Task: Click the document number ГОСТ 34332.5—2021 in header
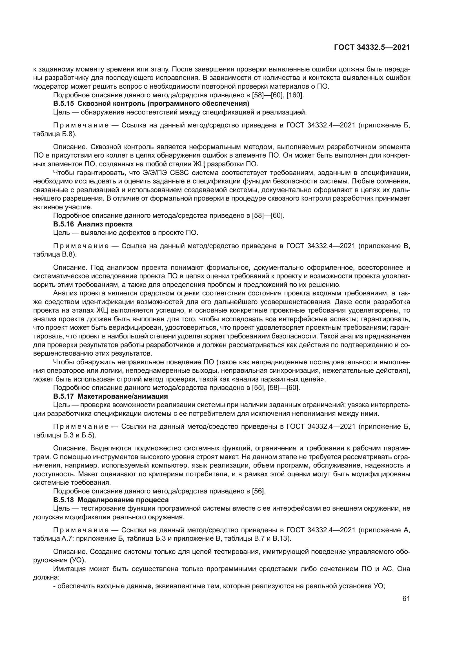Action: [372, 48]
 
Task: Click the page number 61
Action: [406, 598]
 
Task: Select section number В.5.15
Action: [63, 104]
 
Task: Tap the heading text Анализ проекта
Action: [105, 224]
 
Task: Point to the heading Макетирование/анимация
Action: [123, 396]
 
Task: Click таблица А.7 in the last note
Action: [54, 538]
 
